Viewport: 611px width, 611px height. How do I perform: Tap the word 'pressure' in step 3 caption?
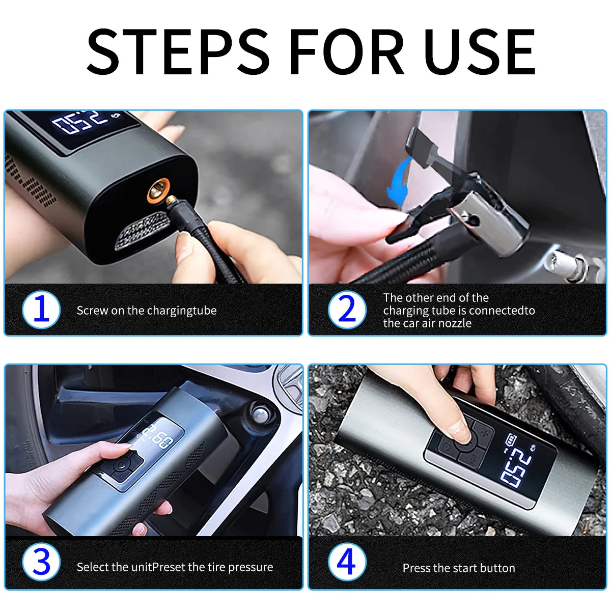click(x=251, y=567)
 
